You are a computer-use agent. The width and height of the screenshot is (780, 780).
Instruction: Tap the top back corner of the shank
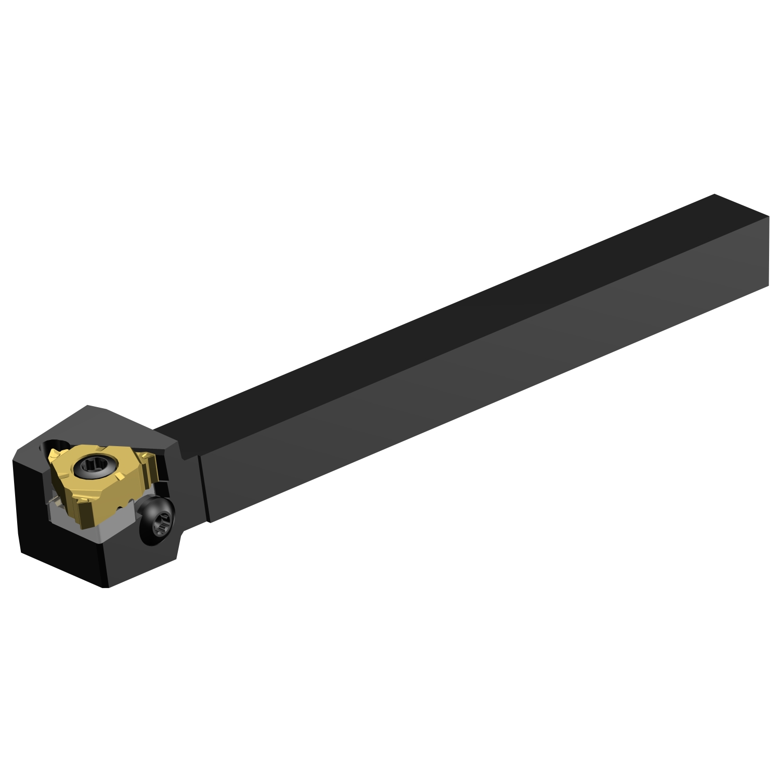714,194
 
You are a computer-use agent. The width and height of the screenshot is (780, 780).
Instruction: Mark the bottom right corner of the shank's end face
769,284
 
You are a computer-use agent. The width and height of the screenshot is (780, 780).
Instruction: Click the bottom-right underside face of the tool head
156,562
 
